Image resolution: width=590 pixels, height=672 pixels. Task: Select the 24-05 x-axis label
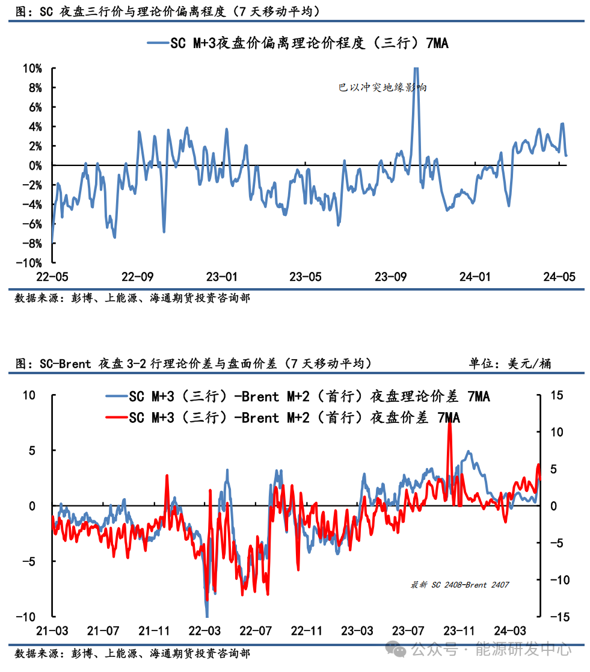coord(559,277)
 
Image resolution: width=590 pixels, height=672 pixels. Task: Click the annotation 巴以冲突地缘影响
coord(383,87)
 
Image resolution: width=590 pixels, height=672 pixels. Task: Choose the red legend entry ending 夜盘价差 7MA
coord(294,418)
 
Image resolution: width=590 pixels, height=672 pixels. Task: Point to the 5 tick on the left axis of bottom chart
coord(34,451)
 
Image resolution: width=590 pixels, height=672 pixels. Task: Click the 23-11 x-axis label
coord(459,631)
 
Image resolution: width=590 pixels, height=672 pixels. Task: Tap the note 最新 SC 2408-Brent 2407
coord(460,585)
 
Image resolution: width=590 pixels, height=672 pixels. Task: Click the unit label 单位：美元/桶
coord(511,363)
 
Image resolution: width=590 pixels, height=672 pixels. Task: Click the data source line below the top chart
coord(132,298)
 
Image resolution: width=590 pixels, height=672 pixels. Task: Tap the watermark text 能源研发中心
coord(523,649)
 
